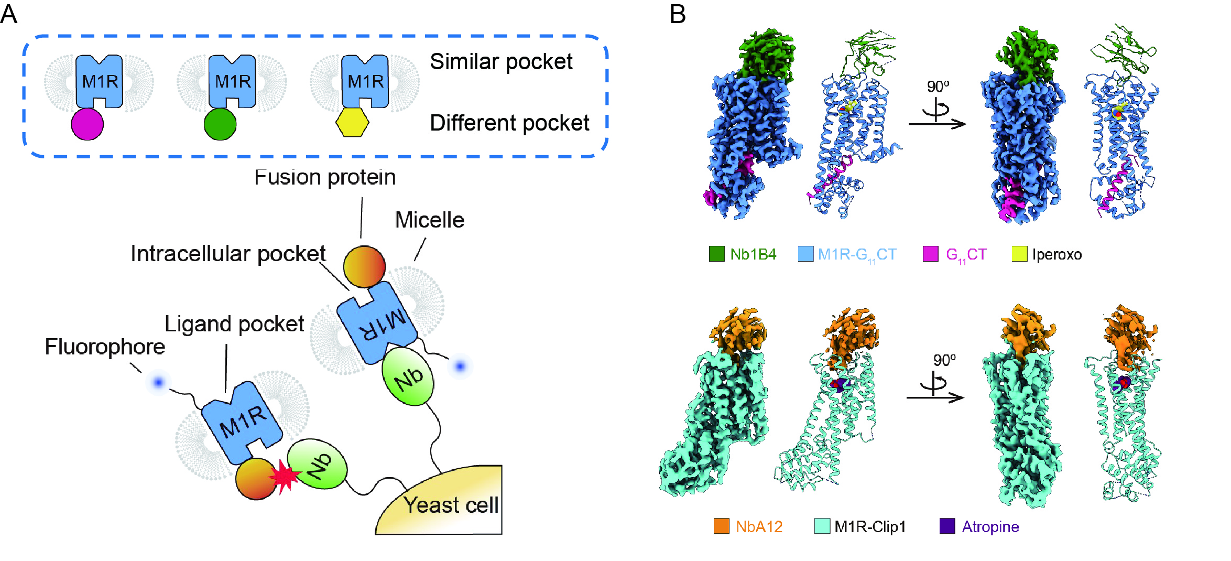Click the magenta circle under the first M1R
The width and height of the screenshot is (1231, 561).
click(87, 124)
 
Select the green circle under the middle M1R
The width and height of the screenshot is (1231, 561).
click(220, 124)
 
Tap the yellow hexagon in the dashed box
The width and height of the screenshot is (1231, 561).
click(352, 123)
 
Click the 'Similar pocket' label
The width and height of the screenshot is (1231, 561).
click(501, 62)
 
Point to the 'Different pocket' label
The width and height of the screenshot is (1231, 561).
click(509, 123)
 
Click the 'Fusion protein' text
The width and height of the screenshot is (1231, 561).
click(325, 177)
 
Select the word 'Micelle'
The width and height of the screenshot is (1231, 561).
click(429, 220)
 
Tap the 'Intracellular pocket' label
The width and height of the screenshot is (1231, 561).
click(228, 254)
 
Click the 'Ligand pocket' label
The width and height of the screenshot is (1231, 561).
click(234, 324)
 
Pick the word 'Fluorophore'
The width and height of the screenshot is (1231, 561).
click(105, 347)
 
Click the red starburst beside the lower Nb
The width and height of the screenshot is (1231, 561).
click(285, 476)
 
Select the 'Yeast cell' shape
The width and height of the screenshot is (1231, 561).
click(445, 503)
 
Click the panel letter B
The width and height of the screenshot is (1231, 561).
click(678, 14)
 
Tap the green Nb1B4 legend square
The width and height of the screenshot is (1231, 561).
click(716, 254)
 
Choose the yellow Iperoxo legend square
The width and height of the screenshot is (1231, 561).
click(1019, 254)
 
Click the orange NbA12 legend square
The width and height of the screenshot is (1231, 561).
click(722, 526)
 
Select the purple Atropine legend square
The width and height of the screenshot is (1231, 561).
click(947, 526)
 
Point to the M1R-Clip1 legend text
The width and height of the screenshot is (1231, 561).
click(870, 527)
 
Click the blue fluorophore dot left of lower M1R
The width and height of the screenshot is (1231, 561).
click(158, 383)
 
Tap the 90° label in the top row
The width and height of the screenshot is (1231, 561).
click(938, 87)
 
